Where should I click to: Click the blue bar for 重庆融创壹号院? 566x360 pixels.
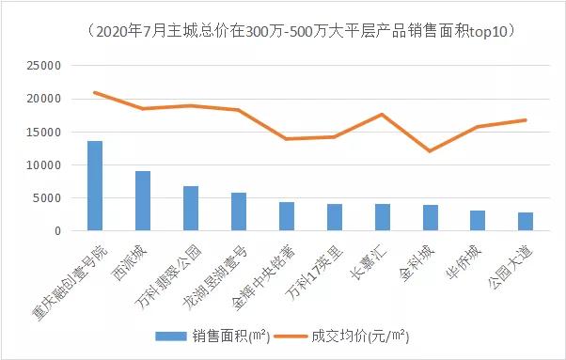pos(95,186)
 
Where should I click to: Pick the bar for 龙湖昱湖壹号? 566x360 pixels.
pos(239,211)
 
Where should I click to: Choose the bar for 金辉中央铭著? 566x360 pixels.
pos(287,216)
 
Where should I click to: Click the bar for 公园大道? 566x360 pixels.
pos(526,222)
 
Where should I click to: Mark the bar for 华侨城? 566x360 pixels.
pos(478,221)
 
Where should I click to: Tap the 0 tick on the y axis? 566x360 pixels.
pos(57,231)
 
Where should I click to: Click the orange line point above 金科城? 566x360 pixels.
pos(430,150)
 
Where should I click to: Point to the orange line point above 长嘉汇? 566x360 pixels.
pos(382,115)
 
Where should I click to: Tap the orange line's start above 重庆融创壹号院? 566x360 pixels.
pos(95,92)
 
